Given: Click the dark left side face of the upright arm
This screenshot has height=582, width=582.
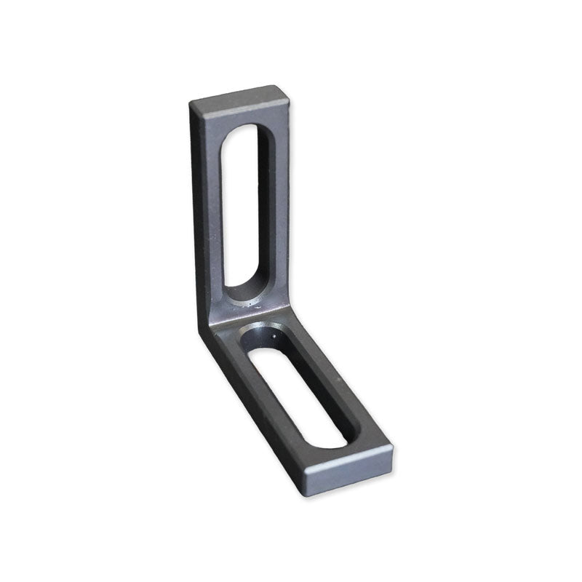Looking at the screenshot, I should pos(199,218).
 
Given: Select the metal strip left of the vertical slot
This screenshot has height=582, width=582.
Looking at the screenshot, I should pos(215,218).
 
